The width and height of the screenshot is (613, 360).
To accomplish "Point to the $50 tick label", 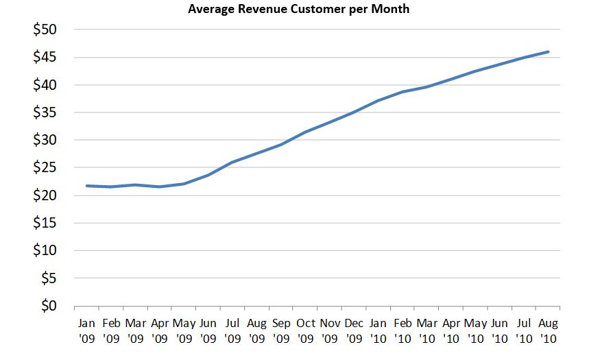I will click(x=45, y=30).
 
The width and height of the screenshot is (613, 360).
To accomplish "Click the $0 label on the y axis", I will click(x=48, y=306).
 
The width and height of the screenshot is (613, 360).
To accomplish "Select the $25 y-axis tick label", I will click(x=45, y=168).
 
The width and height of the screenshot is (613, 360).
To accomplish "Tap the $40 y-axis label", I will click(x=45, y=85).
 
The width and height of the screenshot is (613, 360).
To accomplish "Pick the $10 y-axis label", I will click(x=45, y=251).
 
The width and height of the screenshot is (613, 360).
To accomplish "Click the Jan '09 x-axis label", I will click(x=86, y=329).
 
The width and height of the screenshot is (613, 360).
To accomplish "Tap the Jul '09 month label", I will click(x=232, y=329).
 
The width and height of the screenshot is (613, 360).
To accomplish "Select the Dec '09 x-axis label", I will click(x=354, y=329).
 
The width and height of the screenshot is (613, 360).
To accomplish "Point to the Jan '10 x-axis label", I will click(x=378, y=329).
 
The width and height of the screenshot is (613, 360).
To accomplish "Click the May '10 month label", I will click(x=476, y=329).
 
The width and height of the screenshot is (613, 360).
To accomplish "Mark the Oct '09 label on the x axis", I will click(x=305, y=329).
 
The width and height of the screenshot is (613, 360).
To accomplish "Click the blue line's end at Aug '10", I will click(x=548, y=51).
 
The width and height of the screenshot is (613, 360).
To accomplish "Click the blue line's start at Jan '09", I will click(x=86, y=186).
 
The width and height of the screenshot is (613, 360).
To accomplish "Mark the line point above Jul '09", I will click(x=232, y=163).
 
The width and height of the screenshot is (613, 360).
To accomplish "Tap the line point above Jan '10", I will click(x=378, y=101).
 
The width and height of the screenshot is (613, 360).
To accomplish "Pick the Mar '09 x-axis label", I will click(x=135, y=329).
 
